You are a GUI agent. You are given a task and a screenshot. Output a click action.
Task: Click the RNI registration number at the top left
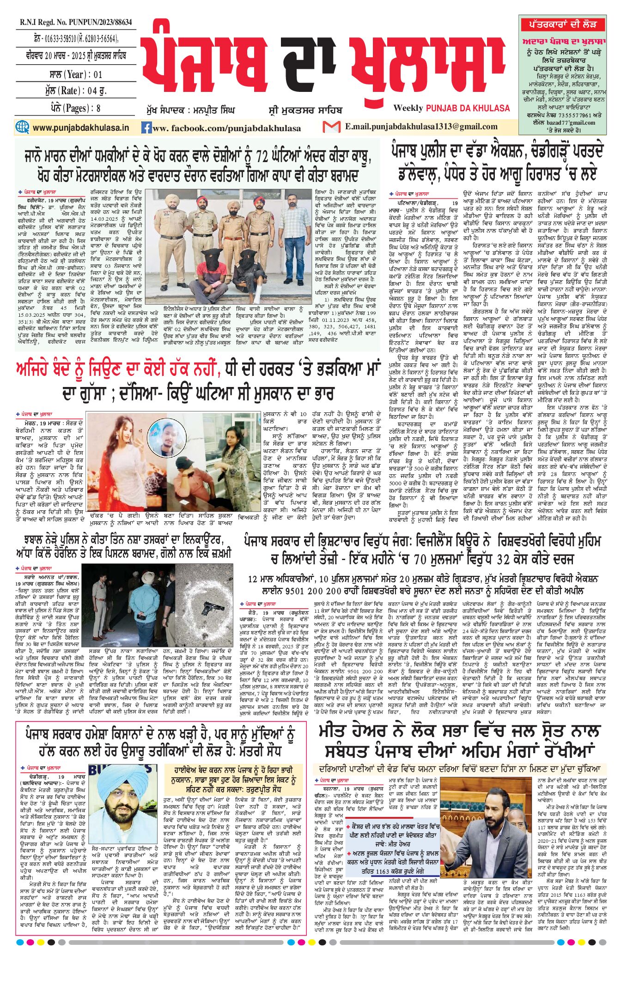(x=76, y=22)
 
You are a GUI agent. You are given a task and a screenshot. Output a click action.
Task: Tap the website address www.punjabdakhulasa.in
(x=81, y=127)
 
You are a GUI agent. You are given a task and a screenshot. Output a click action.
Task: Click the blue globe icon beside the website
(x=22, y=127)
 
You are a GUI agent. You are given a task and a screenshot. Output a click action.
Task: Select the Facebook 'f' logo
(x=146, y=127)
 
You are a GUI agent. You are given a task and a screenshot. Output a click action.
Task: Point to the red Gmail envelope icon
(x=331, y=127)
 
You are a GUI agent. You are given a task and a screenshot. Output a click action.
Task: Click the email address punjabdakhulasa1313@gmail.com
(x=421, y=127)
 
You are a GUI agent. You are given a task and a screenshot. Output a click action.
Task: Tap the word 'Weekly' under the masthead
(x=408, y=108)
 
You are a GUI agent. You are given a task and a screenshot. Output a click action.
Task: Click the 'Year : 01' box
(x=76, y=74)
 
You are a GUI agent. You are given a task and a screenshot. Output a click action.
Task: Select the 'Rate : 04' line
(x=76, y=91)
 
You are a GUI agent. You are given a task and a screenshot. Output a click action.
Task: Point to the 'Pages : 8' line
(x=76, y=108)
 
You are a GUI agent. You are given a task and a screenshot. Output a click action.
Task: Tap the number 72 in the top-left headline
(x=262, y=157)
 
